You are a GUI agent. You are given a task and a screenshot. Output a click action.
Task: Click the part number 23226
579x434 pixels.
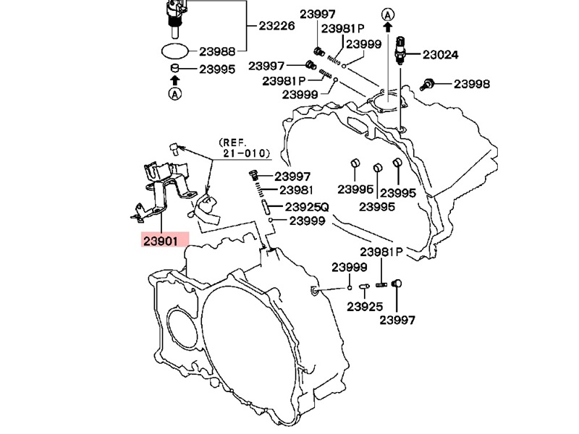coord(277,26)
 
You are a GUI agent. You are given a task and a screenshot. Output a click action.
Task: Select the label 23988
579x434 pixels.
coord(217,51)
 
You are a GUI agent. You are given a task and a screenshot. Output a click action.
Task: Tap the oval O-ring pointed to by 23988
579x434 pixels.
coord(174,51)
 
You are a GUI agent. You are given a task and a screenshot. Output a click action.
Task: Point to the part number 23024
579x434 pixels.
coord(441,54)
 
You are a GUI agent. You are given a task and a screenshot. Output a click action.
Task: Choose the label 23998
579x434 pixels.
coord(472,84)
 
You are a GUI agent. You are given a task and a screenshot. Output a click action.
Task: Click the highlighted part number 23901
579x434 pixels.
coord(165,240)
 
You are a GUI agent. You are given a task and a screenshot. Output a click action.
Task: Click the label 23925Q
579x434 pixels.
coord(307,207)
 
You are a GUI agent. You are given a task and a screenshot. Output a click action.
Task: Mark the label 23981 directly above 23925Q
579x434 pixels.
coord(296,191)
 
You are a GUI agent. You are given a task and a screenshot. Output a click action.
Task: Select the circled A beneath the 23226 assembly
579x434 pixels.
coord(175,94)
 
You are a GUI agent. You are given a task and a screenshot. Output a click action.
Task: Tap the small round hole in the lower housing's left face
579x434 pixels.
coord(175,325)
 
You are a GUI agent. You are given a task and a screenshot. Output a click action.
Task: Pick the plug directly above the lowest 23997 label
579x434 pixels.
coord(397,284)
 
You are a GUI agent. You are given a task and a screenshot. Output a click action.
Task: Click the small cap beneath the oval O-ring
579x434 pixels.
coord(174,69)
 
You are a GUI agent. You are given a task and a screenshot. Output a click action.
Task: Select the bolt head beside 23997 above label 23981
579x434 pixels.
coord(253,176)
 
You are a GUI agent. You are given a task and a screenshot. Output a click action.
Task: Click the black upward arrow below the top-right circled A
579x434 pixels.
coord(389,27)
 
